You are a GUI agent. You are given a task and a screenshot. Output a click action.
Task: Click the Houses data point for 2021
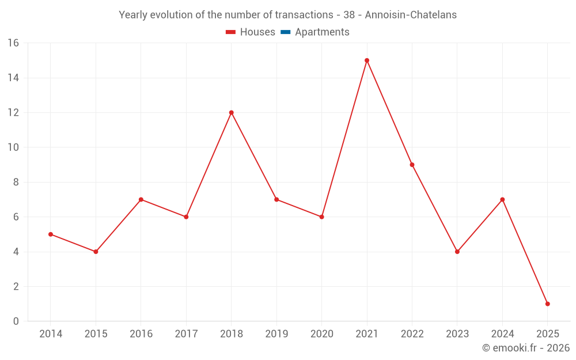click(367, 60)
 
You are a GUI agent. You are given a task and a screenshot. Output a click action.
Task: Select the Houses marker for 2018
click(232, 112)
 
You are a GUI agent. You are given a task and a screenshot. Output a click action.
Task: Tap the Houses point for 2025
click(548, 304)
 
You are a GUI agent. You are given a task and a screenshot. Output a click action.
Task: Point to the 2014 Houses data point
click(51, 234)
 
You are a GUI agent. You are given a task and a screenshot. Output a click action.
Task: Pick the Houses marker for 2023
click(457, 252)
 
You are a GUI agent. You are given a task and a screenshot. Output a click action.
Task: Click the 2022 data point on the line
click(412, 165)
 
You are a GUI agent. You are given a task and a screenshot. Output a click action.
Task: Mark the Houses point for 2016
click(141, 199)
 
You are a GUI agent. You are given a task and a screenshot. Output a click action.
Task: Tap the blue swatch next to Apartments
click(286, 32)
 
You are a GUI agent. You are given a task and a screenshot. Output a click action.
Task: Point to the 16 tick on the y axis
click(13, 43)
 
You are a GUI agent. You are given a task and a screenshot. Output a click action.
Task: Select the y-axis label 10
click(13, 147)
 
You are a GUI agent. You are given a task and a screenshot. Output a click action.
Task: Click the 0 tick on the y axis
click(16, 321)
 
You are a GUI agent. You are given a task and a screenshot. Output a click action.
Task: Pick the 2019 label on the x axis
click(276, 334)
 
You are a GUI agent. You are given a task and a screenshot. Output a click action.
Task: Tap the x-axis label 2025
click(548, 334)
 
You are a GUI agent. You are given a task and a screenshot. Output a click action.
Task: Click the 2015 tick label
click(96, 334)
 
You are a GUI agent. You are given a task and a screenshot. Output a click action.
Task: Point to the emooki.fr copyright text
click(526, 348)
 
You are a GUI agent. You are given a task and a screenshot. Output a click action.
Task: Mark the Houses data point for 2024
click(502, 199)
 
